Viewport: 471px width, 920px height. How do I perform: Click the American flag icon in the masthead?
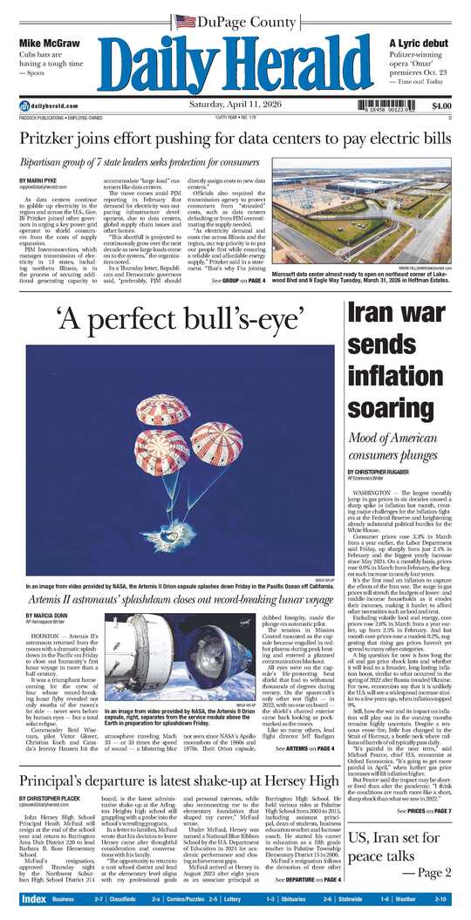(x=185, y=20)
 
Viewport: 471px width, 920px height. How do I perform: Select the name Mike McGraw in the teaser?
(x=50, y=43)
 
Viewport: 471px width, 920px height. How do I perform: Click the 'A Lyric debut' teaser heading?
(x=420, y=43)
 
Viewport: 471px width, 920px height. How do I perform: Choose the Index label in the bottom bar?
(x=33, y=898)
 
